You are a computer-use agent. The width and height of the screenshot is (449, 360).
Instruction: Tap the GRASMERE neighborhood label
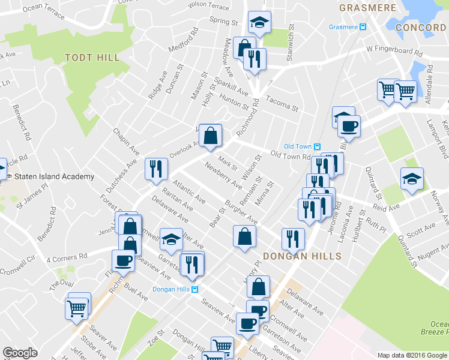pos(368,8)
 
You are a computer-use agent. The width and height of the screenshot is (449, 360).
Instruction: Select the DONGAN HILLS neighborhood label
pos(302,256)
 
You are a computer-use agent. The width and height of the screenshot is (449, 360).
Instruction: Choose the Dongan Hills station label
pos(170,289)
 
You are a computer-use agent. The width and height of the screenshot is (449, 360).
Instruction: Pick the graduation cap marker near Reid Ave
pos(412,179)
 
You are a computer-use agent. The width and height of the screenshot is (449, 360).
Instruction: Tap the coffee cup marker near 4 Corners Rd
pos(124,260)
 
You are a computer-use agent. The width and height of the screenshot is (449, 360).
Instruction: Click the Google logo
pos(20,353)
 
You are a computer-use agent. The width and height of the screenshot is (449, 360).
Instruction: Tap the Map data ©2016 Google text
pos(412,355)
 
